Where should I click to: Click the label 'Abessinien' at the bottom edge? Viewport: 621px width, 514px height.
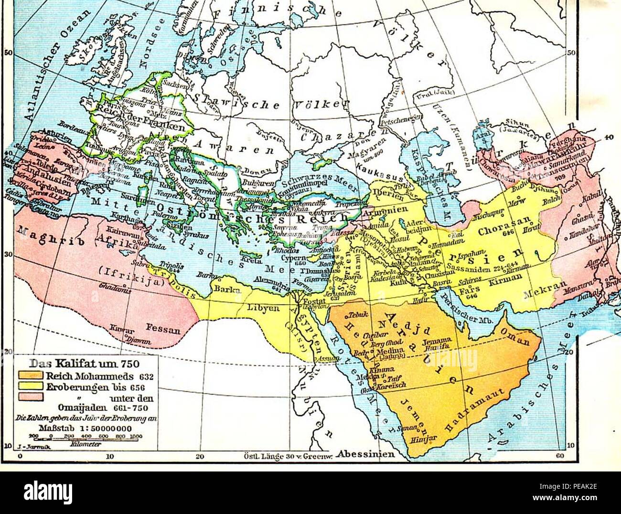click(x=365, y=454)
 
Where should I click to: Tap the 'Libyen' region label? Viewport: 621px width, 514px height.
click(x=262, y=308)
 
